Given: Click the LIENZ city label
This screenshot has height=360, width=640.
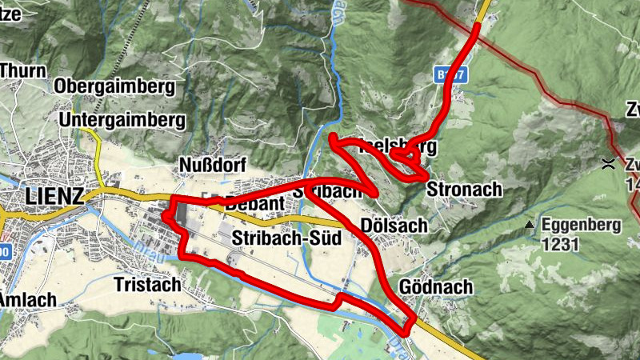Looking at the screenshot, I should click(x=54, y=196).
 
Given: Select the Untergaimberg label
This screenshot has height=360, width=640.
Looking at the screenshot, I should click(x=122, y=121).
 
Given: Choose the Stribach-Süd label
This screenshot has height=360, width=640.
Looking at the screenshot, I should click(x=286, y=238).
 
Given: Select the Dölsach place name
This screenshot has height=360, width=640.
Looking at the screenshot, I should click(x=394, y=226).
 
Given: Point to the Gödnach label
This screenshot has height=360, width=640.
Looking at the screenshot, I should click(x=434, y=286).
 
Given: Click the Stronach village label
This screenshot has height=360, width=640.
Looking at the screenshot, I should click(x=464, y=190).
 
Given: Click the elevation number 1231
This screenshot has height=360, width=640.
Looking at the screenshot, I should click(x=560, y=245).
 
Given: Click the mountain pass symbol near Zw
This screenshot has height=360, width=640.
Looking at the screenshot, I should click(x=609, y=164).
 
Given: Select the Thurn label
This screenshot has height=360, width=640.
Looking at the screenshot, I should click(x=22, y=70).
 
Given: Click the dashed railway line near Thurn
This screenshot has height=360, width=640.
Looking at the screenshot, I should click(x=122, y=40).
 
